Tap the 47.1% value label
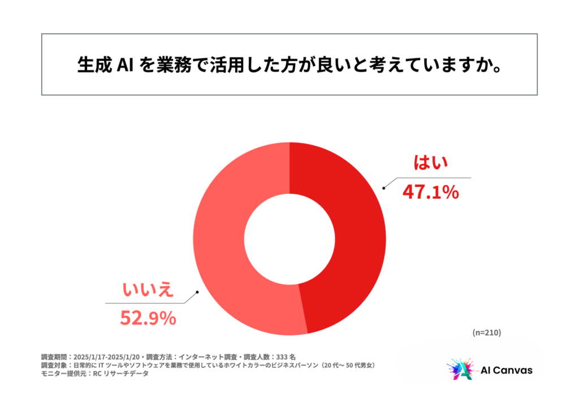(x=430, y=193)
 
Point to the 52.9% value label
(x=148, y=318)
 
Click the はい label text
(x=431, y=163)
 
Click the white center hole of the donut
(x=289, y=238)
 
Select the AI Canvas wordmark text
(x=505, y=370)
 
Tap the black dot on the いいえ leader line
(x=197, y=293)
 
